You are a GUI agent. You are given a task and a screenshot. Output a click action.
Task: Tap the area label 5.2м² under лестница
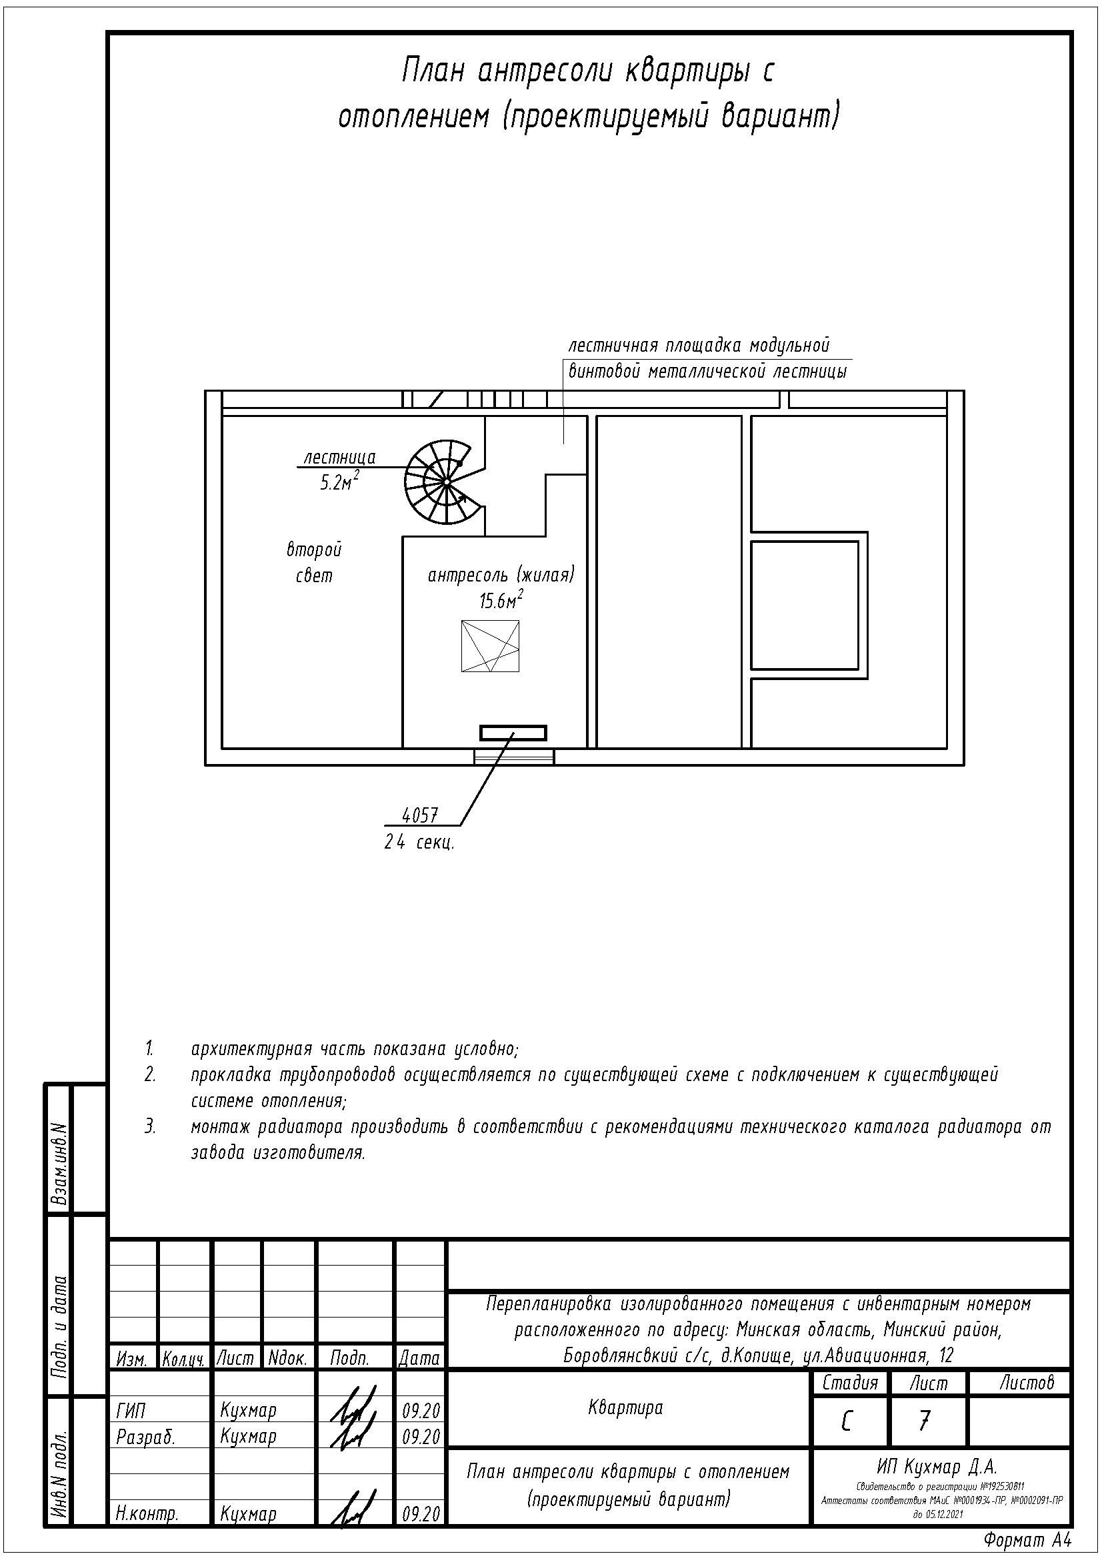point(339,482)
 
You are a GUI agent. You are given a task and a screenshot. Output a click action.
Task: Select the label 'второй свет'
point(314,563)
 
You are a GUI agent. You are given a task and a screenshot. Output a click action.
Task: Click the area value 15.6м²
point(501,601)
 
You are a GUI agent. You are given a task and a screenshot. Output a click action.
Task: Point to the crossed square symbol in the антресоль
point(489,646)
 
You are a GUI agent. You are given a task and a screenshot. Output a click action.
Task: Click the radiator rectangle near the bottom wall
point(513,732)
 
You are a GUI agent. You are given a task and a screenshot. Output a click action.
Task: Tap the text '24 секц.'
point(419,843)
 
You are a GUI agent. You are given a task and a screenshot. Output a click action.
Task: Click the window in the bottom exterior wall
point(514,756)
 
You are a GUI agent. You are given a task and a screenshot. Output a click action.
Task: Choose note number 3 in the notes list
point(150,1127)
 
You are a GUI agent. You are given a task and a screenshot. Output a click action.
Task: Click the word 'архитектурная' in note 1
point(251,1049)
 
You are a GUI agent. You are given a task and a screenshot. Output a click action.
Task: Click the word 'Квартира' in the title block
point(625,1408)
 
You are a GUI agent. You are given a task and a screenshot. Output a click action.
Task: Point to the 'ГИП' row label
point(131,1411)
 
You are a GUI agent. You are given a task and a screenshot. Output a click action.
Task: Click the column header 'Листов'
point(1026,1383)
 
